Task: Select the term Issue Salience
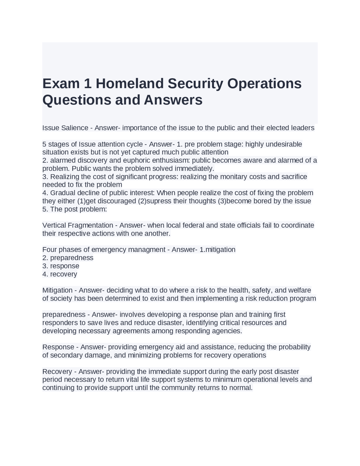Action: pyautogui.click(x=65, y=128)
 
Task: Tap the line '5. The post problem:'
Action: pyautogui.click(x=75, y=209)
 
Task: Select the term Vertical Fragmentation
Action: pyautogui.click(x=78, y=225)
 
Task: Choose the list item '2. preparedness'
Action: pyautogui.click(x=68, y=258)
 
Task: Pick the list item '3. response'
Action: pyautogui.click(x=61, y=266)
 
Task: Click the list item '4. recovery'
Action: pyautogui.click(x=60, y=274)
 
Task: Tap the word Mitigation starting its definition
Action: pyautogui.click(x=57, y=290)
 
